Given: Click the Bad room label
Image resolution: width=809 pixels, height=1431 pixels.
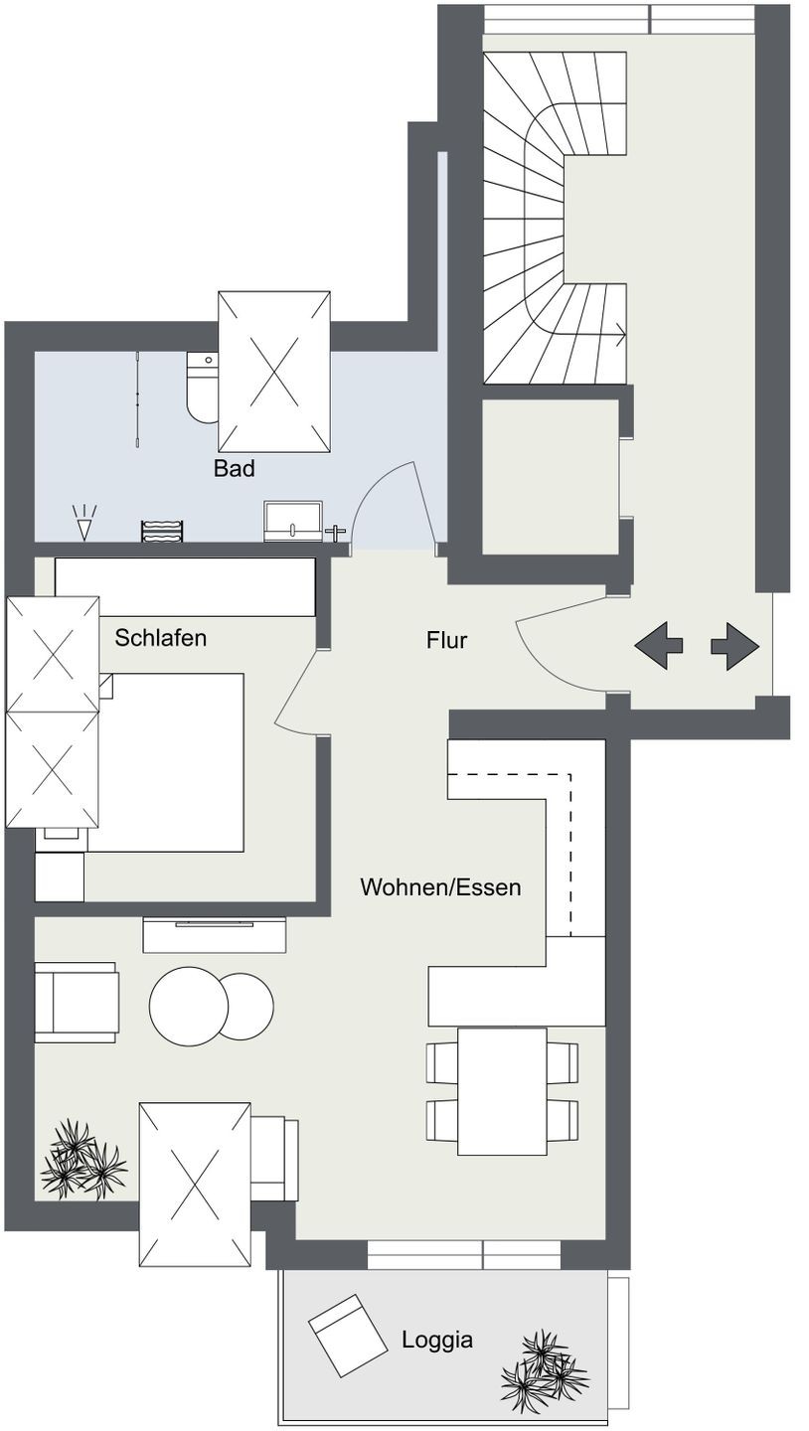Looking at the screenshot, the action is pyautogui.click(x=234, y=468).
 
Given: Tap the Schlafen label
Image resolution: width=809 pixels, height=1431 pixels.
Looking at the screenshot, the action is pyautogui.click(x=160, y=638).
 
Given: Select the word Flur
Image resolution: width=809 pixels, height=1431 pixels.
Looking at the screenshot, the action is pyautogui.click(x=446, y=640).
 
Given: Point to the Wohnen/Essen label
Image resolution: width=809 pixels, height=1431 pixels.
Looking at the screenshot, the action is pyautogui.click(x=440, y=887).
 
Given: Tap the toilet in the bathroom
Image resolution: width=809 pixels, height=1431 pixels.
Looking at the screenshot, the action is pyautogui.click(x=202, y=388).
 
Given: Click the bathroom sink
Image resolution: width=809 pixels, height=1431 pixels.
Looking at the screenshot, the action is pyautogui.click(x=292, y=521).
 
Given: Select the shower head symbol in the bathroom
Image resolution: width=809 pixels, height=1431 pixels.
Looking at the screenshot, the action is pyautogui.click(x=84, y=522).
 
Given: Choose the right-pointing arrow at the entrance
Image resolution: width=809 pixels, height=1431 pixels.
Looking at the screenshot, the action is pyautogui.click(x=734, y=646).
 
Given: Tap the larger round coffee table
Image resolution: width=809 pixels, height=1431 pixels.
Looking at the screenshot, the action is pyautogui.click(x=189, y=1006).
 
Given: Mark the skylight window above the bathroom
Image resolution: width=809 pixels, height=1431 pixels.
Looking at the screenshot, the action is pyautogui.click(x=274, y=372).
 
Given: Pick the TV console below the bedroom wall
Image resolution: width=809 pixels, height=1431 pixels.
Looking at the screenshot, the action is pyautogui.click(x=214, y=934).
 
